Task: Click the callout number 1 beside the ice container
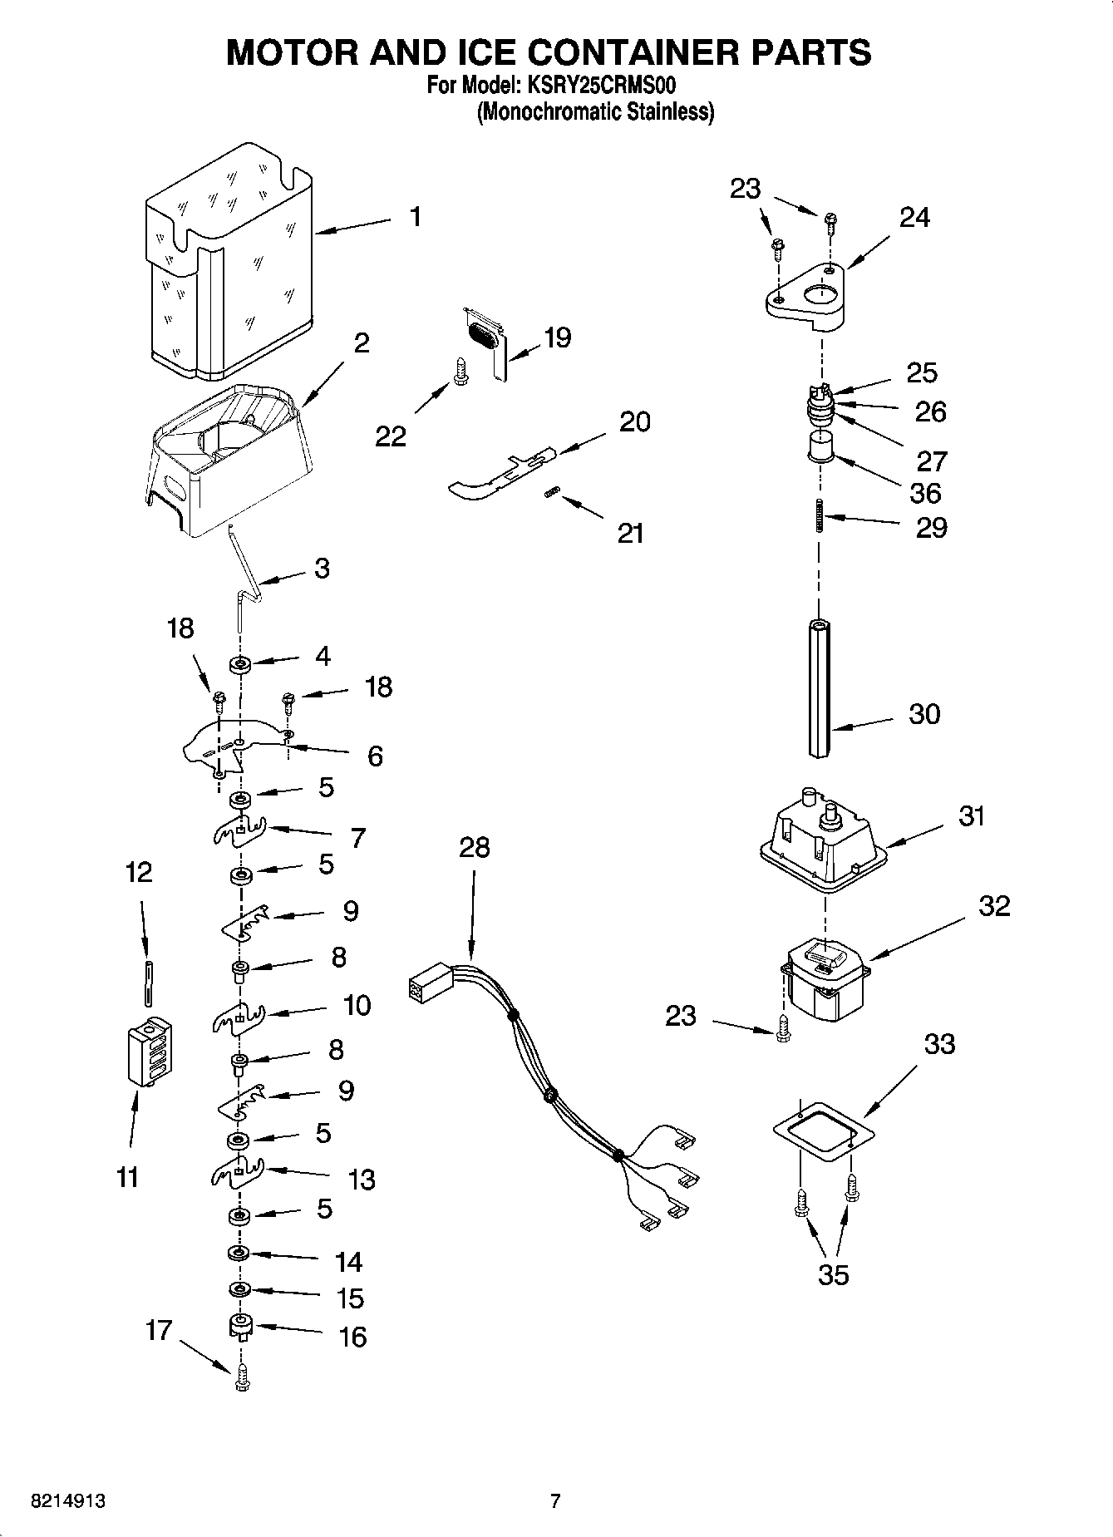pyautogui.click(x=415, y=218)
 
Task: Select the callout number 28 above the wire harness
pyautogui.click(x=474, y=848)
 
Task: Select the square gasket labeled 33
pyautogui.click(x=823, y=1131)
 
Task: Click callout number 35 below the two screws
pyautogui.click(x=833, y=1274)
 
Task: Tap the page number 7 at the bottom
pyautogui.click(x=555, y=1501)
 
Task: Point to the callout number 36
pyautogui.click(x=925, y=493)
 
